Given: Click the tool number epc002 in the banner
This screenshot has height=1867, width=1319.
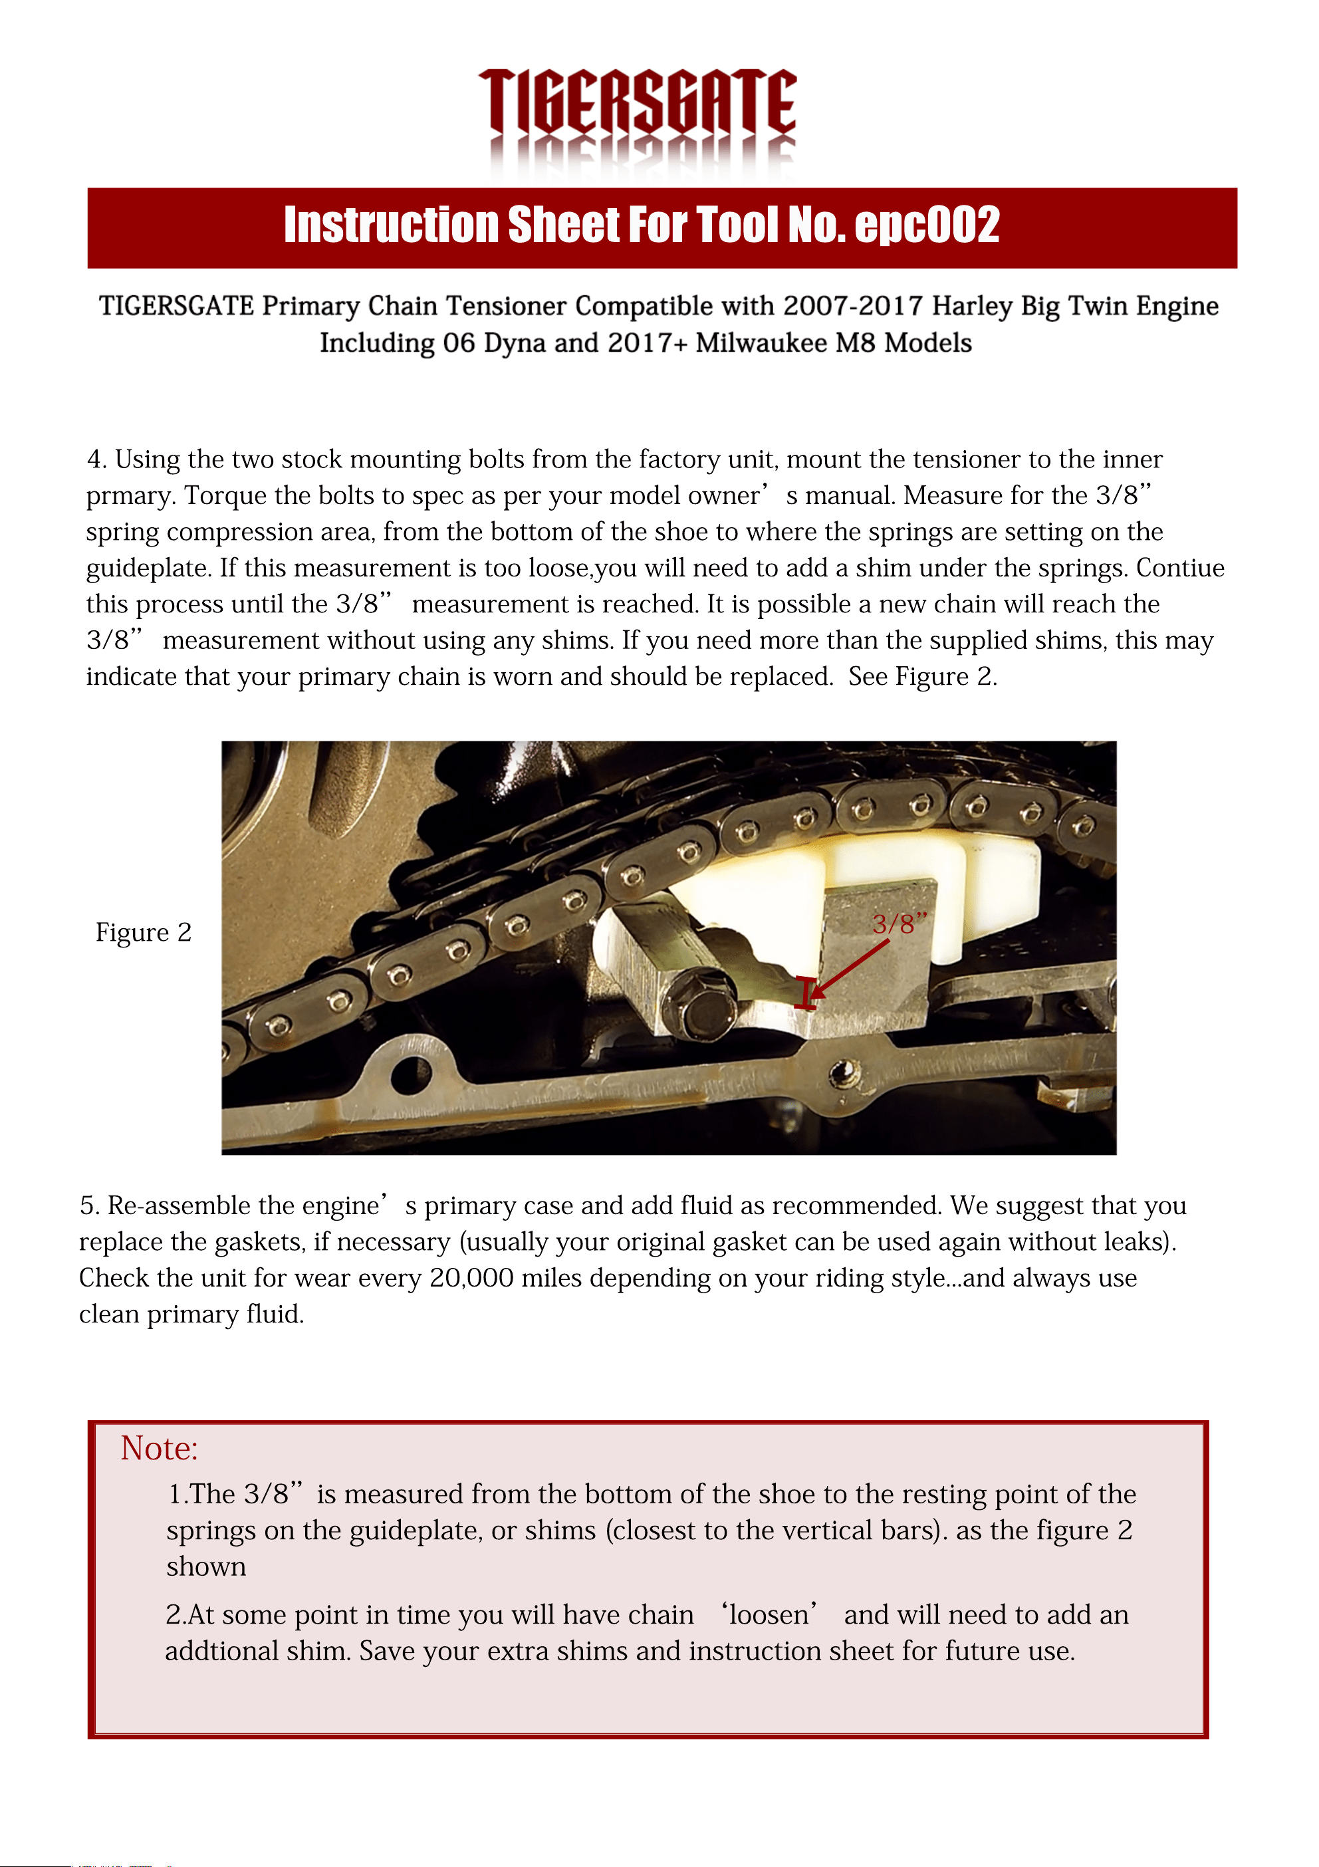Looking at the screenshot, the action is click(x=927, y=225).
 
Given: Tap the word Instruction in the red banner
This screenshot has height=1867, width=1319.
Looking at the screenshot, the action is click(x=390, y=225).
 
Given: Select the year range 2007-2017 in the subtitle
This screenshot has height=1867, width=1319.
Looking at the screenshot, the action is click(x=853, y=306).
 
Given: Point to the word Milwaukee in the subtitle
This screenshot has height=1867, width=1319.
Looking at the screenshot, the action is click(x=762, y=343).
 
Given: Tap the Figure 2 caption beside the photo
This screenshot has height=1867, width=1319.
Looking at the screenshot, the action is click(x=144, y=932).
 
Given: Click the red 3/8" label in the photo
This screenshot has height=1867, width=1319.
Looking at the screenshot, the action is click(x=899, y=924).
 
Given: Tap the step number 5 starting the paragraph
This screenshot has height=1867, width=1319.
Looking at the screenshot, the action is click(x=88, y=1206).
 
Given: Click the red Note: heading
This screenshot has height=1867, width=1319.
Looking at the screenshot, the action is click(x=160, y=1449).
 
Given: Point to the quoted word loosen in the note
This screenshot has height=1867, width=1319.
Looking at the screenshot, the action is click(x=769, y=1614).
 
